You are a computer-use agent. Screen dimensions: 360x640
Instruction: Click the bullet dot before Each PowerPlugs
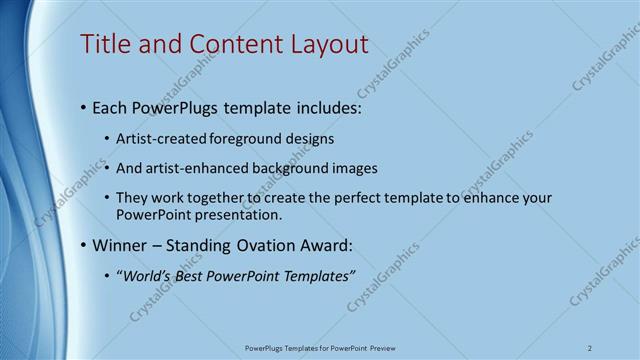[x=82, y=108]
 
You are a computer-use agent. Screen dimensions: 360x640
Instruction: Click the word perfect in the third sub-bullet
[x=339, y=198]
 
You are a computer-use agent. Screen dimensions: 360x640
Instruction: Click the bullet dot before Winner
[x=82, y=245]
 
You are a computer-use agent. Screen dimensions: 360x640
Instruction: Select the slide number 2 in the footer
[x=590, y=348]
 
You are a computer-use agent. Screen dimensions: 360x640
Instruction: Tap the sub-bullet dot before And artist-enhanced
[x=108, y=169]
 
